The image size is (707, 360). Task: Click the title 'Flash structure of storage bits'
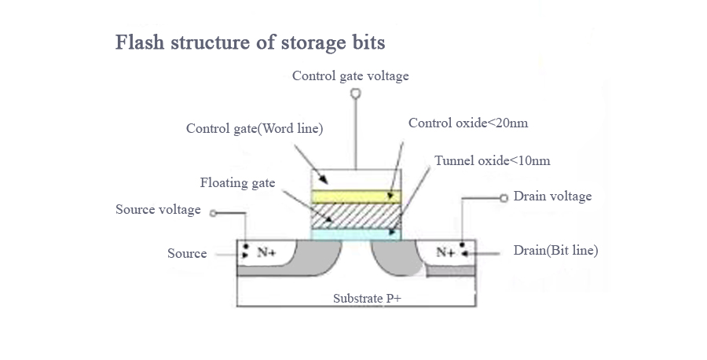click(x=250, y=42)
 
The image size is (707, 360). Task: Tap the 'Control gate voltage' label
click(x=350, y=76)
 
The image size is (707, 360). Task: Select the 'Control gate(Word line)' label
click(x=255, y=128)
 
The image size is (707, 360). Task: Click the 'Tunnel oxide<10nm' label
click(x=492, y=161)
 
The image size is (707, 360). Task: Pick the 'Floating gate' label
click(x=237, y=183)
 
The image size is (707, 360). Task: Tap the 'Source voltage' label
click(x=158, y=210)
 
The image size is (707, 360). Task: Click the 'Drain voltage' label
click(x=552, y=196)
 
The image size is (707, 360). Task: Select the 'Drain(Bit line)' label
click(x=555, y=251)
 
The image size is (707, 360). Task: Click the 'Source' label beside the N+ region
click(x=187, y=254)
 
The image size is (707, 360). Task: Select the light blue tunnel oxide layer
click(x=356, y=234)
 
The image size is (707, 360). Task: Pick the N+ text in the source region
click(x=266, y=253)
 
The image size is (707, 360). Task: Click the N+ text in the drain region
click(x=445, y=253)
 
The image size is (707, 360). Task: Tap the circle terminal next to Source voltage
click(x=213, y=211)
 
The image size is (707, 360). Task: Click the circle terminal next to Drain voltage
click(x=504, y=197)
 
